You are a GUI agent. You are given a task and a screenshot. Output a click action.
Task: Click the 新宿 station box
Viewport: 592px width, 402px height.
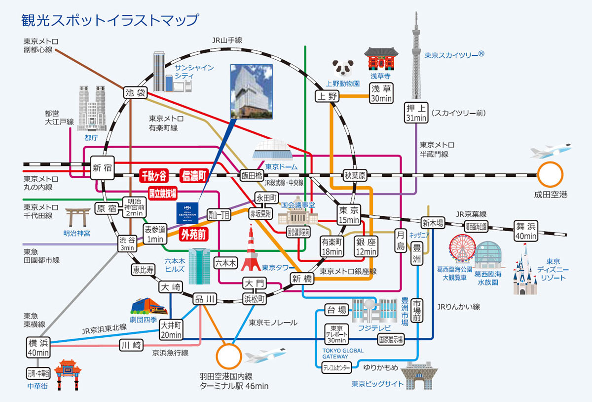coord(103,168)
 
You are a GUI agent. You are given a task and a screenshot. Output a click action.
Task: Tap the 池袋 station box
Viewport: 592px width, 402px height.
coord(135,92)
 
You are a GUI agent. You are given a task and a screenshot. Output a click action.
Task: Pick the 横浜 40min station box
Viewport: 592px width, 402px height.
coord(38,347)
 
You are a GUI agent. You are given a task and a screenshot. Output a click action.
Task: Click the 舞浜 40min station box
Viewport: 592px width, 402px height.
coord(525,230)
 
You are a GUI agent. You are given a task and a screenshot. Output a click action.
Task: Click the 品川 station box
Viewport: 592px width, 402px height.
coord(204,299)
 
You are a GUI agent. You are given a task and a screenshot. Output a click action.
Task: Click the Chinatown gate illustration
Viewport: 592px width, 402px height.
coord(68,376)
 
